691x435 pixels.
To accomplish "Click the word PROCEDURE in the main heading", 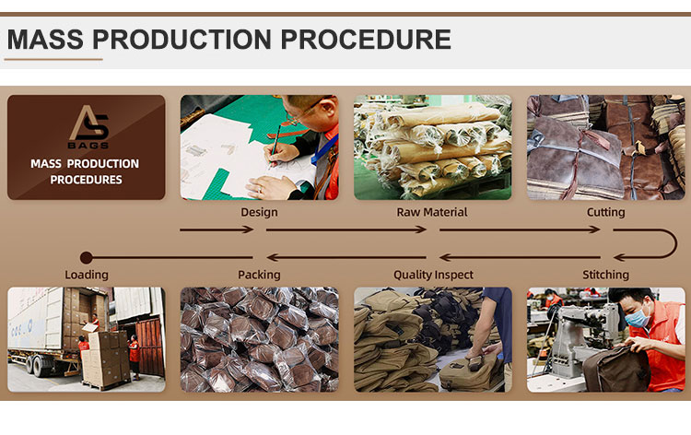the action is pyautogui.click(x=366, y=40).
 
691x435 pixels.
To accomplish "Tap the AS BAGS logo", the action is pyautogui.click(x=88, y=127).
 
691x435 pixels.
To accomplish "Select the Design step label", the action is pyautogui.click(x=259, y=212).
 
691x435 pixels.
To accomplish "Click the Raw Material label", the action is pyautogui.click(x=432, y=212).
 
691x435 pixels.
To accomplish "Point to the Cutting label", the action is pyautogui.click(x=605, y=212).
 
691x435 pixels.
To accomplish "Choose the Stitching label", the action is pyautogui.click(x=605, y=275).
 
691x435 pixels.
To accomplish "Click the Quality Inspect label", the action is pyautogui.click(x=433, y=275).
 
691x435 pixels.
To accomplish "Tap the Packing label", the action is pyautogui.click(x=259, y=275).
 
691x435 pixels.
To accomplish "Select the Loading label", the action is pyautogui.click(x=87, y=275).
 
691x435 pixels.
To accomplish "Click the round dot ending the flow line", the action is pyautogui.click(x=87, y=257).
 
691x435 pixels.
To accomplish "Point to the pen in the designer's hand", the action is pyautogui.click(x=275, y=146).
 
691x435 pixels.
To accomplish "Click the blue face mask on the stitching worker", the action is pyautogui.click(x=638, y=316).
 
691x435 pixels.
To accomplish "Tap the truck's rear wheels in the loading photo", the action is pyautogui.click(x=37, y=365).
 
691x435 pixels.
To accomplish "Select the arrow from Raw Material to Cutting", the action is pyautogui.click(x=520, y=229).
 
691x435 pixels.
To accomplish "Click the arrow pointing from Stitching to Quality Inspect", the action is pyautogui.click(x=520, y=257).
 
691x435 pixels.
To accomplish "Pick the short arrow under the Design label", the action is pyautogui.click(x=217, y=229).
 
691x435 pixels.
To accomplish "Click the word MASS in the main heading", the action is pyautogui.click(x=45, y=40).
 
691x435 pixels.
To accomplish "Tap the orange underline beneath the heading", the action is pyautogui.click(x=53, y=59).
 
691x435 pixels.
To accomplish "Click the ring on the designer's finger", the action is pyautogui.click(x=260, y=190).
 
